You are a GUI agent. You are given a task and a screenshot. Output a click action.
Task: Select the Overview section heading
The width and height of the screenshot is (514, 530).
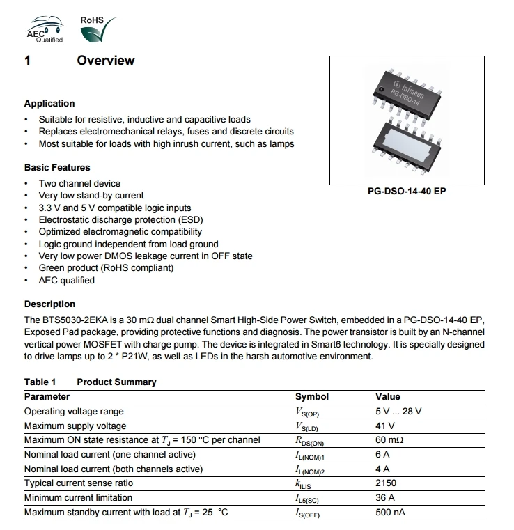point(106,61)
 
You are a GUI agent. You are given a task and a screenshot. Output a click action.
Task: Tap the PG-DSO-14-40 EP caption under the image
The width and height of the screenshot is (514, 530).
point(406,190)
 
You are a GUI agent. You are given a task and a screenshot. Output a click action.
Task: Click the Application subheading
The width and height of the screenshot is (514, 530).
point(49,103)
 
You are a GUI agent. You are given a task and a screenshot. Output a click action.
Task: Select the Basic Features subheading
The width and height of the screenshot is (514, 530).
point(57,167)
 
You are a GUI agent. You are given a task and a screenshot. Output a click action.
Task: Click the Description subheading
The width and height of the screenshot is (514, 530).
point(49,304)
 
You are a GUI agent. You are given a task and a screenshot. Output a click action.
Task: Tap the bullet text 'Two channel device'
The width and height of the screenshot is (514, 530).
point(79,183)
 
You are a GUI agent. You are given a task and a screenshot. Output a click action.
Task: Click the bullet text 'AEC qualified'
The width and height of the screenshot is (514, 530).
point(66,280)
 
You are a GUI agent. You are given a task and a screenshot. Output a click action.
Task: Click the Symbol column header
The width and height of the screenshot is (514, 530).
point(312,396)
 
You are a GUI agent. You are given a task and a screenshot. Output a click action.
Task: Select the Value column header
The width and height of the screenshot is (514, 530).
point(388,396)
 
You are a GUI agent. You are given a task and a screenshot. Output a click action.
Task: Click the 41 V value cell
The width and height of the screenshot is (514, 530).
point(385,426)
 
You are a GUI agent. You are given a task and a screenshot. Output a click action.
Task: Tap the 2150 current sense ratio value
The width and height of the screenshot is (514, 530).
point(386,483)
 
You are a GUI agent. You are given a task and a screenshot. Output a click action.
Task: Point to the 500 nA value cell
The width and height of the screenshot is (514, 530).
point(390,513)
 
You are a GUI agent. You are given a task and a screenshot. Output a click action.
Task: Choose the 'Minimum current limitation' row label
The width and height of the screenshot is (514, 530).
point(79,498)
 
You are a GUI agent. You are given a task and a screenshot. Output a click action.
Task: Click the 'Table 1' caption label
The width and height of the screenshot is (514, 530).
point(40,382)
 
